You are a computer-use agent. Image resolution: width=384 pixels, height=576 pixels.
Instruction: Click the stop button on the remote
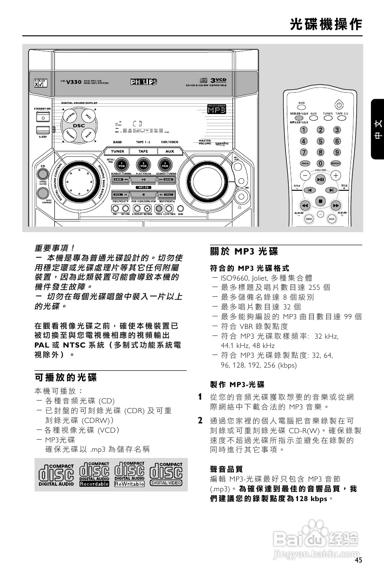click(320, 201)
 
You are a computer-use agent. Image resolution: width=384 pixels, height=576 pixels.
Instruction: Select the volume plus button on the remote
click(336, 175)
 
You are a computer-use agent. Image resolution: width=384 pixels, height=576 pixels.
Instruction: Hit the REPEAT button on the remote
click(335, 163)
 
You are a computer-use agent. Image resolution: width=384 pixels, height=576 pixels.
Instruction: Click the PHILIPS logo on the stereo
click(144, 82)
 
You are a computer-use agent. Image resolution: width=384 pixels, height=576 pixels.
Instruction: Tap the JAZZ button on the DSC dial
click(87, 115)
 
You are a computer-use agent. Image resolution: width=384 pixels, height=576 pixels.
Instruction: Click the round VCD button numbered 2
click(144, 164)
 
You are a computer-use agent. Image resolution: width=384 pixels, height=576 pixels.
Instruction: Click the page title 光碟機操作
click(325, 24)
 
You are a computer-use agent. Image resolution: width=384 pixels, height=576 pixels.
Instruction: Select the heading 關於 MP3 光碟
click(244, 252)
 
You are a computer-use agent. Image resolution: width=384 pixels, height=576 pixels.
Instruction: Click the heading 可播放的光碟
click(66, 377)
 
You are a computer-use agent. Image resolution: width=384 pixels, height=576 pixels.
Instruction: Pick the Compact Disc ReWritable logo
click(129, 474)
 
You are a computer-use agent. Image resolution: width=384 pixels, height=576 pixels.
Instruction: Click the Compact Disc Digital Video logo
click(166, 474)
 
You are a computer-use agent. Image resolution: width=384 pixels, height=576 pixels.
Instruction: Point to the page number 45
click(358, 560)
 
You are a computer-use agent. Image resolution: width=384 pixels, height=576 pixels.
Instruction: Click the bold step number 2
click(200, 421)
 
